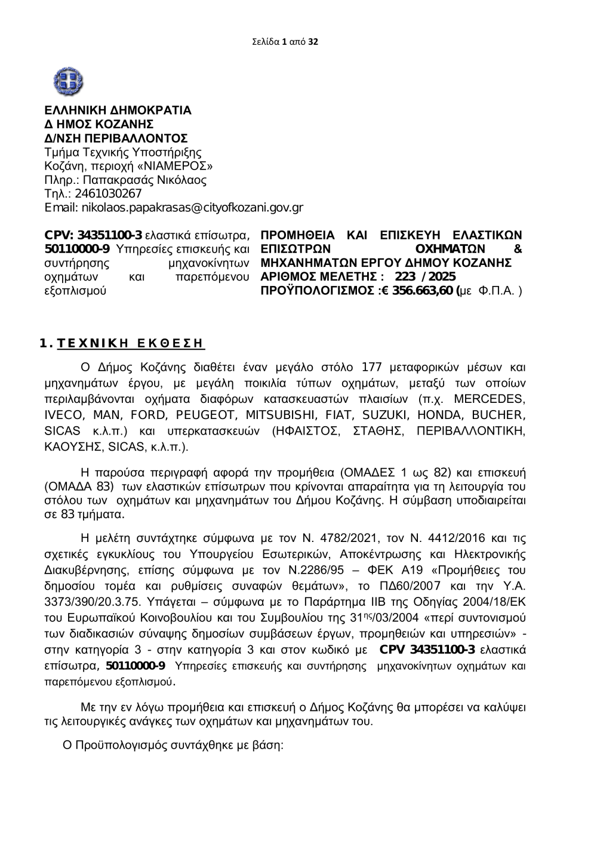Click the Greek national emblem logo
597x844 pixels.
[x=67, y=82]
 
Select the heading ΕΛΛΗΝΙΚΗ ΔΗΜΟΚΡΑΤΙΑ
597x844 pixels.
[x=118, y=111]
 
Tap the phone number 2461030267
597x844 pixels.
[x=108, y=193]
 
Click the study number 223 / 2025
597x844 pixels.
[x=425, y=277]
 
